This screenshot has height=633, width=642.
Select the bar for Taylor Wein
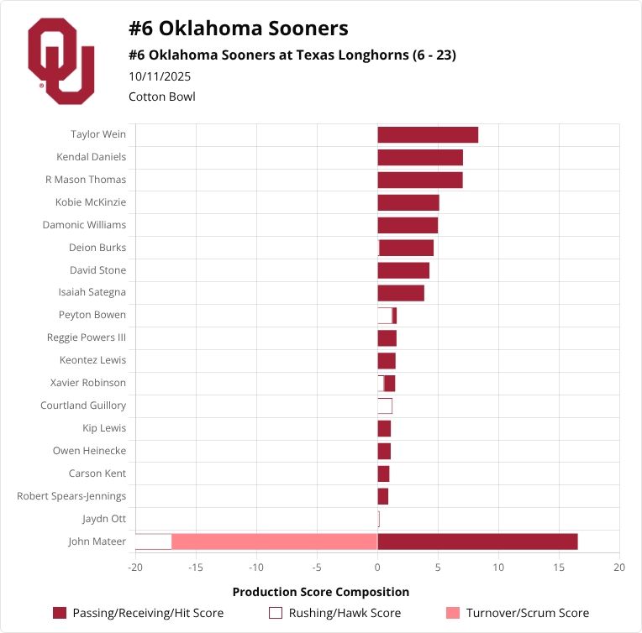pos(428,134)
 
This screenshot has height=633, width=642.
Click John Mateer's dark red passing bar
pos(477,541)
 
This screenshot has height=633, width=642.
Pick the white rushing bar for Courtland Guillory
pos(385,405)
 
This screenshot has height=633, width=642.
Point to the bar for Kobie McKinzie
pos(408,202)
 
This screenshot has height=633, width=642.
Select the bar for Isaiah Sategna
pos(401,293)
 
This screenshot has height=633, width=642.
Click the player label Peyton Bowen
pos(92,315)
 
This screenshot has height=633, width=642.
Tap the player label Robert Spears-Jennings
pos(71,496)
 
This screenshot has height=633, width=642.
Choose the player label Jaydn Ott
pos(104,519)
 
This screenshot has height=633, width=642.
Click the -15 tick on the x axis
pos(196,568)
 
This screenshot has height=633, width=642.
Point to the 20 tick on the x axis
pos(619,568)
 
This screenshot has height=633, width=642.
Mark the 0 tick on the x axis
pos(377,568)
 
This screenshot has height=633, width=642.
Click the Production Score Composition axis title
pos(321,592)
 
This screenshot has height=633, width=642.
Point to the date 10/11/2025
pos(160,76)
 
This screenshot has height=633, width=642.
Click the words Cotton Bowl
pos(162,97)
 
